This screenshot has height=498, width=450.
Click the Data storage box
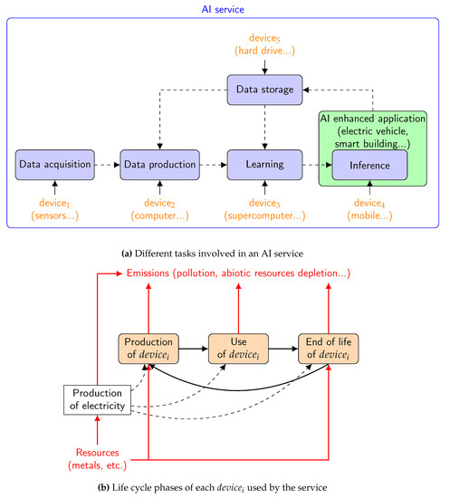[x=263, y=89]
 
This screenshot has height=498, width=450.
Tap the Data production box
[x=159, y=166]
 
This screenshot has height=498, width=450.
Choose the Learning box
[x=263, y=166]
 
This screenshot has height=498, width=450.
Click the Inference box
[x=369, y=166]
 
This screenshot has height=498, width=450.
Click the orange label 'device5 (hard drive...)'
[x=263, y=45]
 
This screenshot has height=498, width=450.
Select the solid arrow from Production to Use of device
[x=193, y=347]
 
